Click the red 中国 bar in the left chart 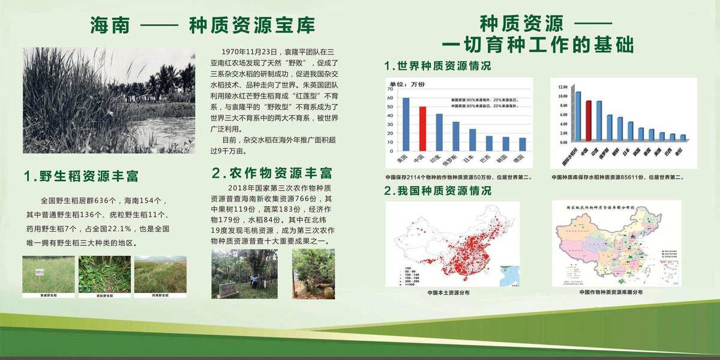pyautogui.click(x=422, y=129)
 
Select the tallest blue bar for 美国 pyautogui.click(x=406, y=124)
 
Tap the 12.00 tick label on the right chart pyautogui.click(x=562, y=87)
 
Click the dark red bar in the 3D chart pyautogui.click(x=589, y=120)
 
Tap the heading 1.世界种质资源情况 pyautogui.click(x=437, y=65)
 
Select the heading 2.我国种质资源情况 pyautogui.click(x=437, y=191)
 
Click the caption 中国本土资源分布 pyautogui.click(x=448, y=292)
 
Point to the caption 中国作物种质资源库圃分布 pyautogui.click(x=611, y=292)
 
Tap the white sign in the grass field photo pyautogui.click(x=40, y=271)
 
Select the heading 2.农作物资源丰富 pyautogui.click(x=272, y=173)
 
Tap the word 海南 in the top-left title pyautogui.click(x=109, y=26)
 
